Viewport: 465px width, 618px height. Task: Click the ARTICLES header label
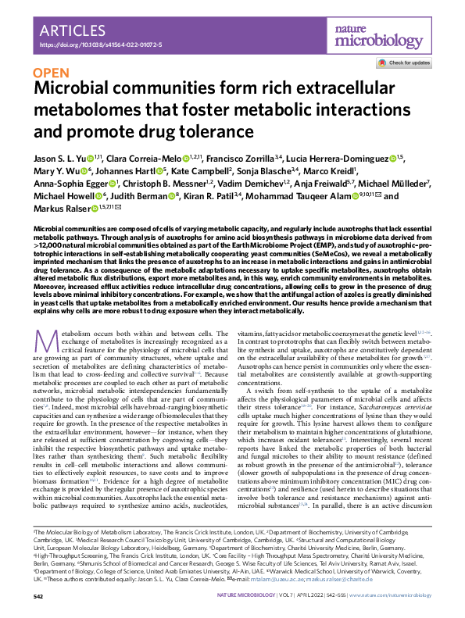coord(73,31)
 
